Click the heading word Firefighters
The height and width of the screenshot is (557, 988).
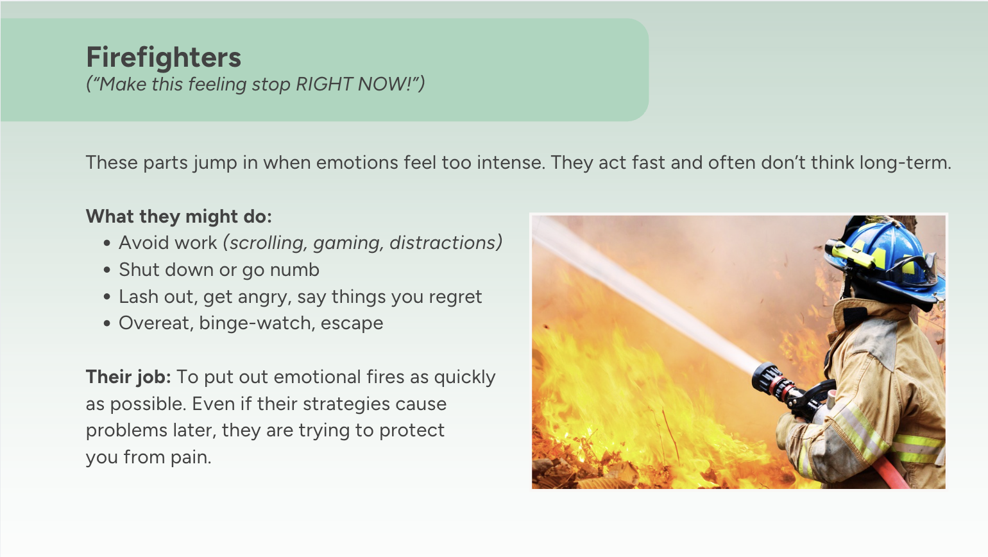point(164,57)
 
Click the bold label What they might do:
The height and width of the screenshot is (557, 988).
point(179,216)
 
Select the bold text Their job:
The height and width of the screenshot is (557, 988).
point(128,377)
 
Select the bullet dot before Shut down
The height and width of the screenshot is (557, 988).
point(107,270)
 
